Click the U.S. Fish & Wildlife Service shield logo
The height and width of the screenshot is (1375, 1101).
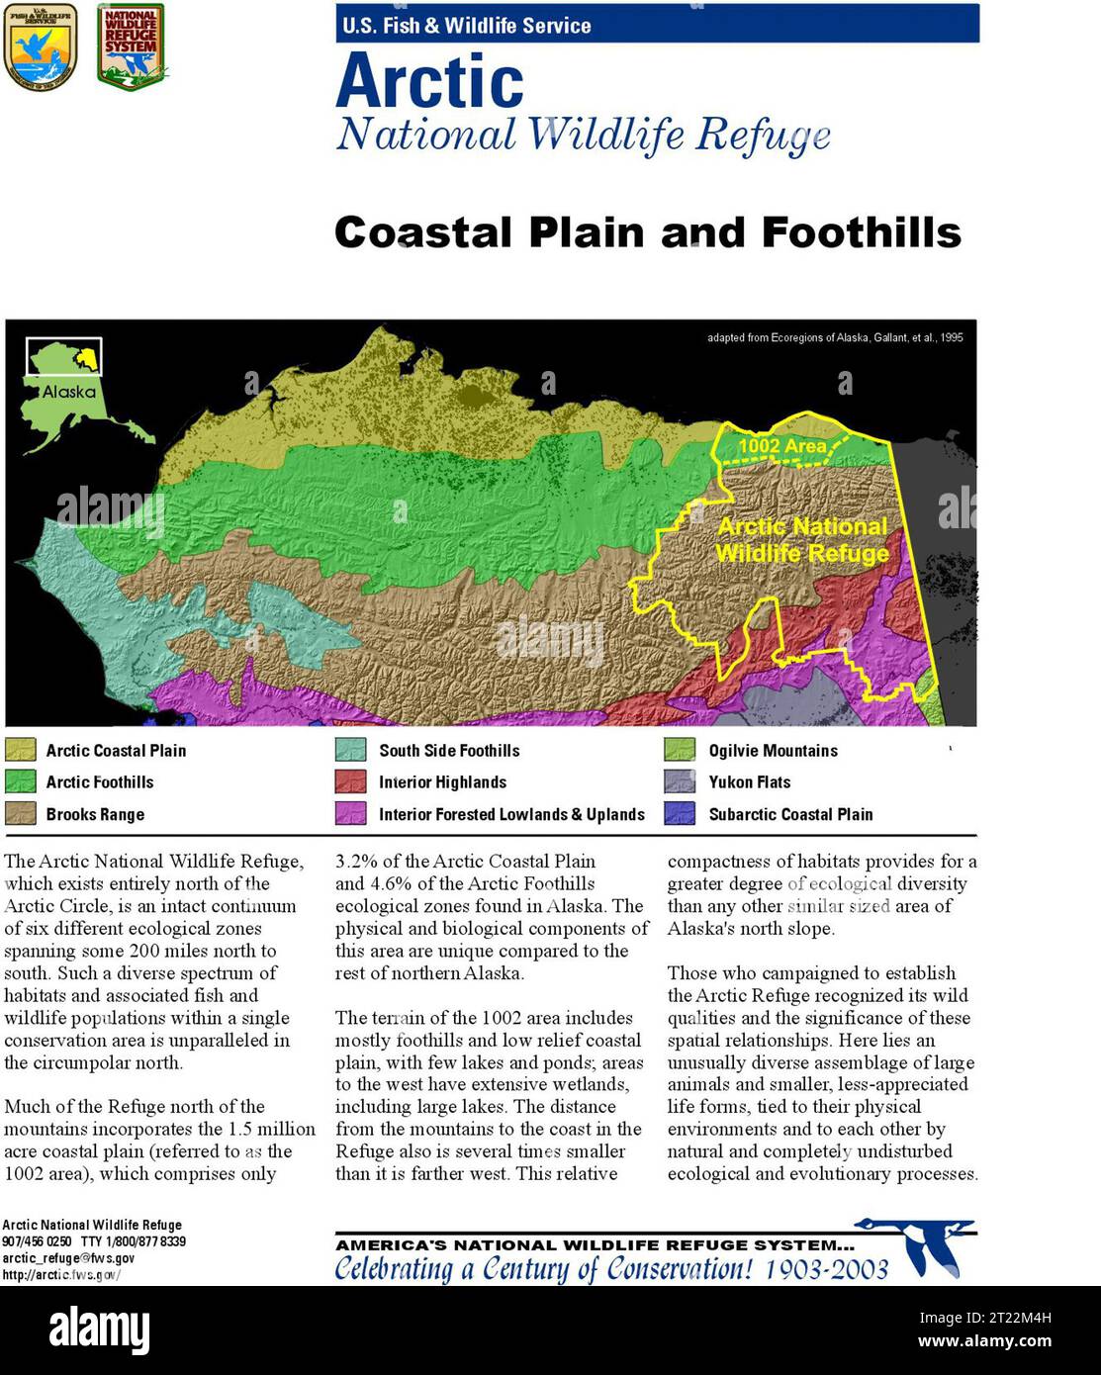41,46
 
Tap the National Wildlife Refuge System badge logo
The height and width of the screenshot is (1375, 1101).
131,46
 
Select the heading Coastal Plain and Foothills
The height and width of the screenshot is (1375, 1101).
647,232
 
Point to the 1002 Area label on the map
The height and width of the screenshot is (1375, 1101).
781,446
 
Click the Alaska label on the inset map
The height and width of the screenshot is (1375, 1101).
68,392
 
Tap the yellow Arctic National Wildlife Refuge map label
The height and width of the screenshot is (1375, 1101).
802,540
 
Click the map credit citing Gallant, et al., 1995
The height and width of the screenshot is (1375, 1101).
834,337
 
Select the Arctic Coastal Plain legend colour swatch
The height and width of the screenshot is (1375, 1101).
20,750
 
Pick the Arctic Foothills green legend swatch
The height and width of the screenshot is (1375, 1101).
20,781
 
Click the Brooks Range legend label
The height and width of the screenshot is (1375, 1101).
95,814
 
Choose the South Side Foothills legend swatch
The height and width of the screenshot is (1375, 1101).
350,750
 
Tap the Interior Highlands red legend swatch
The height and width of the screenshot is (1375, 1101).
350,781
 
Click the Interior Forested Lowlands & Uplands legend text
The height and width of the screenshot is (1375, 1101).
511,814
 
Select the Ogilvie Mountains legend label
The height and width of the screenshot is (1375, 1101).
773,751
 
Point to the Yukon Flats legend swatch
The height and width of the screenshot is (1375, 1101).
680,781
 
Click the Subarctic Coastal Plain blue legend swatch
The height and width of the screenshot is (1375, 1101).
680,814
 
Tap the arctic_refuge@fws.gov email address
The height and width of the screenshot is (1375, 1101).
68,1258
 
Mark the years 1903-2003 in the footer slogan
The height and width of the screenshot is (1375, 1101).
826,1269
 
